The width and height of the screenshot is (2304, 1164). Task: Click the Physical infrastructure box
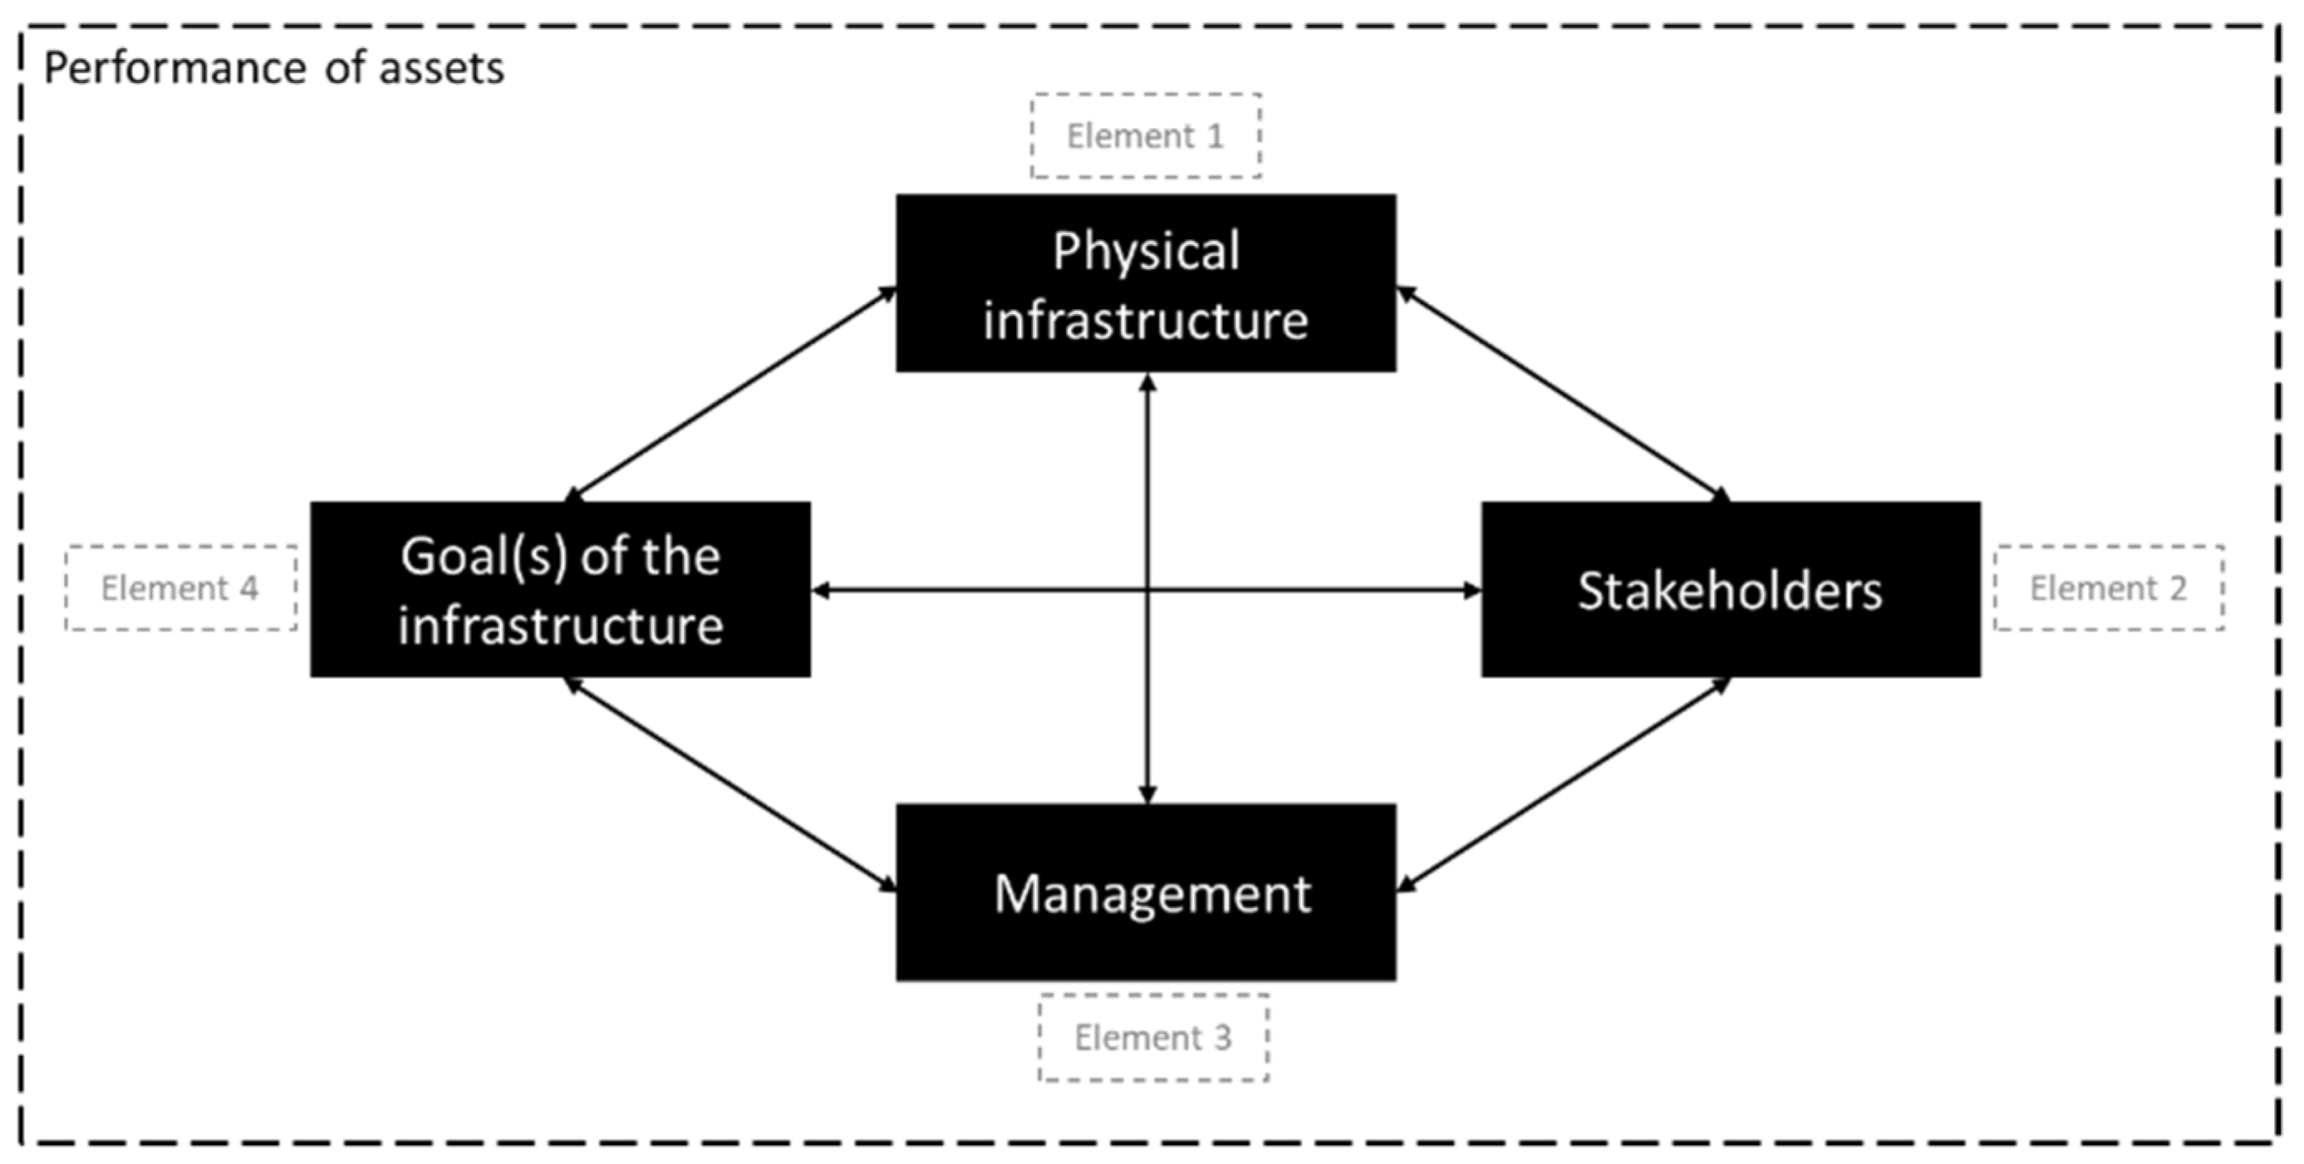point(1146,282)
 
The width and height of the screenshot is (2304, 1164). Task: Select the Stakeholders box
point(1731,590)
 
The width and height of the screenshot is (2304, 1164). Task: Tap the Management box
point(1146,892)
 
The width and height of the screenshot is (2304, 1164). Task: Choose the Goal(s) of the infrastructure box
point(561,590)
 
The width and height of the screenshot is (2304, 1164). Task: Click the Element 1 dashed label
point(1146,136)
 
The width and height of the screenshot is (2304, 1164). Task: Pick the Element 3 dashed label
point(1153,1038)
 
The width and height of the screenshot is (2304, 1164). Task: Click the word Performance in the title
point(174,69)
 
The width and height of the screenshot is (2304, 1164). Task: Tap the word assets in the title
point(441,69)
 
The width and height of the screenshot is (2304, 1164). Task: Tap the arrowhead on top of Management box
point(1147,793)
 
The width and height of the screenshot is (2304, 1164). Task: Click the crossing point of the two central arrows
point(1147,590)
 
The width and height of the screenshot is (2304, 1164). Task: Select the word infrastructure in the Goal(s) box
point(561,626)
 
